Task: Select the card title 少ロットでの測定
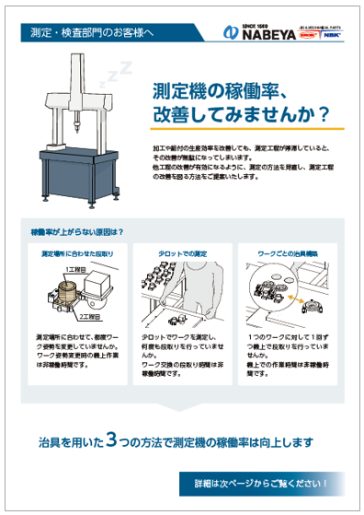point(180,252)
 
